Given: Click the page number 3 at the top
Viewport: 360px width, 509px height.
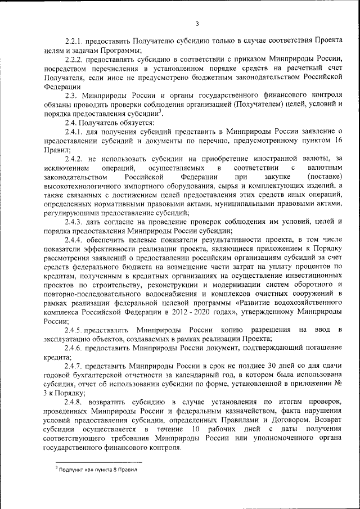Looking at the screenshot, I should (x=197, y=24).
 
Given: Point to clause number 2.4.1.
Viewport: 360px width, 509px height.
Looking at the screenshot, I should (x=76, y=131).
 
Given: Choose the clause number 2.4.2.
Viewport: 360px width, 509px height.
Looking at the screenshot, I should (x=76, y=159).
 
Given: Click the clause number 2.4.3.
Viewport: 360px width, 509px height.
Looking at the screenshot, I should (x=76, y=222).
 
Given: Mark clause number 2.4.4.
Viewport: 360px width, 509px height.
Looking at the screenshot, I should (x=76, y=240).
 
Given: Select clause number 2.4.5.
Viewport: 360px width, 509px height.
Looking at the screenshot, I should (x=76, y=330).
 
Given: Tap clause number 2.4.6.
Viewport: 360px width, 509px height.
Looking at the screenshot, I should (x=76, y=348).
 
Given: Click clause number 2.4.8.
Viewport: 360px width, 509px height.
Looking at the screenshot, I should (x=76, y=402).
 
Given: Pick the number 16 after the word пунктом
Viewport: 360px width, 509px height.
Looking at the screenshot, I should (x=336, y=141).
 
